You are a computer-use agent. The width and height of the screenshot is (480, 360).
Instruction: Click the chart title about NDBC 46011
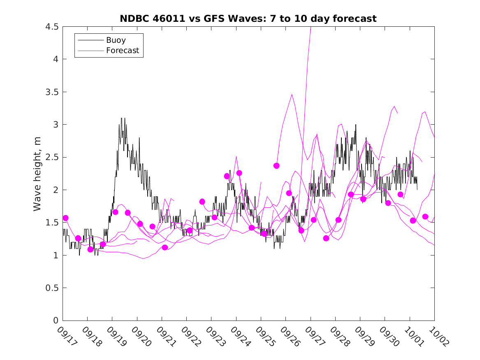click(x=248, y=19)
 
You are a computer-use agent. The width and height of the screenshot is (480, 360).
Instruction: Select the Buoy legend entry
click(x=116, y=40)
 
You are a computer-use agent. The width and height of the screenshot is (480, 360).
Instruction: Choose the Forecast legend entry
click(x=123, y=51)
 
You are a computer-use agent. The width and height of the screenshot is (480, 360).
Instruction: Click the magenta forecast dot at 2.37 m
click(x=276, y=166)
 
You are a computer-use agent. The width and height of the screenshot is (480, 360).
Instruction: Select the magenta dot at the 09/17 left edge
click(x=65, y=218)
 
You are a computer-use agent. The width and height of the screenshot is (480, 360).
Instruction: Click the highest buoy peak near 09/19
click(x=122, y=118)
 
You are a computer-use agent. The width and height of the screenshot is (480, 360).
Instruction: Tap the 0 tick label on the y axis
click(x=56, y=321)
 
